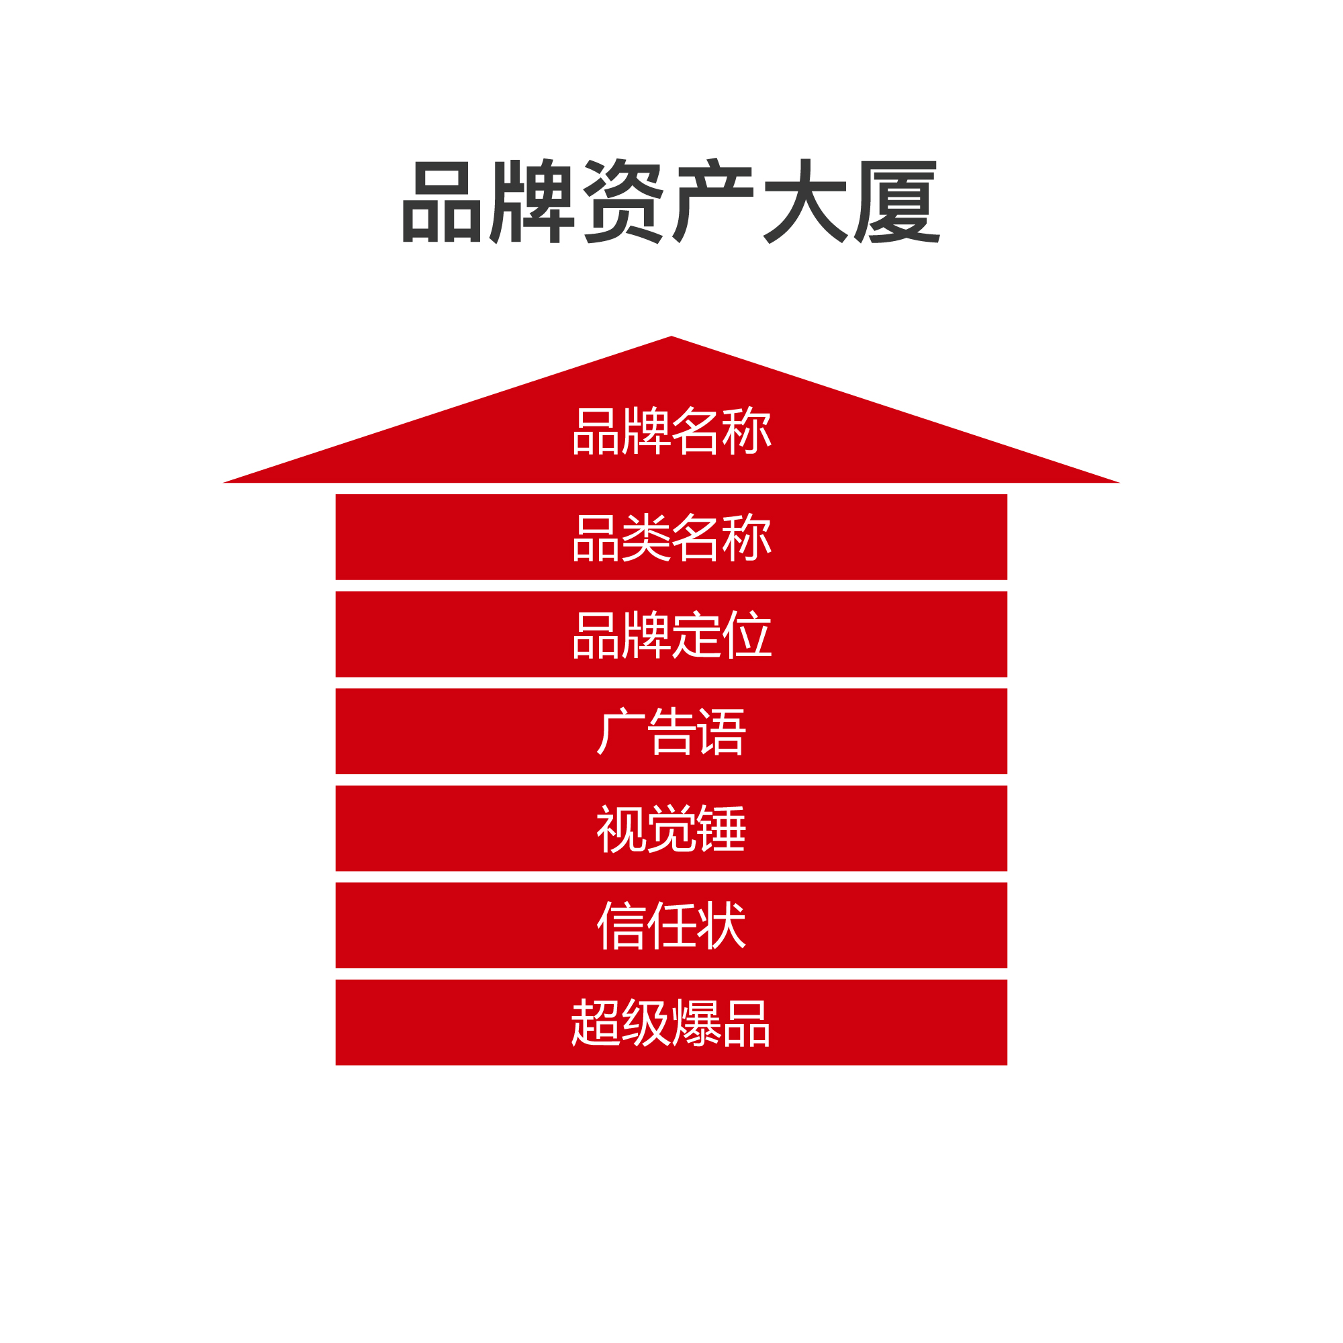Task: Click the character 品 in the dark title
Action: click(x=443, y=201)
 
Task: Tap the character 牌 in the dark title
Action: click(x=532, y=201)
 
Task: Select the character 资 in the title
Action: click(x=624, y=201)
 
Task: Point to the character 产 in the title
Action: click(x=713, y=201)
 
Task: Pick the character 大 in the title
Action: click(x=805, y=201)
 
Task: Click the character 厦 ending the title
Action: click(x=896, y=201)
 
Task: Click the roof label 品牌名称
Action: click(x=672, y=430)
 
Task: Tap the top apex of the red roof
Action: click(x=671, y=336)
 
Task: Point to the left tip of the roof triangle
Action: click(x=223, y=482)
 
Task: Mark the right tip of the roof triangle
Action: click(x=1120, y=482)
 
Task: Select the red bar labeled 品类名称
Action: click(x=671, y=537)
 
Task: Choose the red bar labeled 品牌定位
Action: click(x=671, y=634)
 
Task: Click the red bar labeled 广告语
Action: click(x=671, y=731)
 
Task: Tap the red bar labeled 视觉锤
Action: click(x=671, y=829)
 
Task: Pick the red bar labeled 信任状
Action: click(x=671, y=925)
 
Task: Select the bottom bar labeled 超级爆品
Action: click(x=671, y=1023)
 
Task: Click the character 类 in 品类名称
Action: click(x=647, y=537)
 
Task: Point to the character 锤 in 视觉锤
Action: click(x=723, y=829)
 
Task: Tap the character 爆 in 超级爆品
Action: click(x=697, y=1023)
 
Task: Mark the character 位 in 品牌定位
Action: click(x=747, y=634)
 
